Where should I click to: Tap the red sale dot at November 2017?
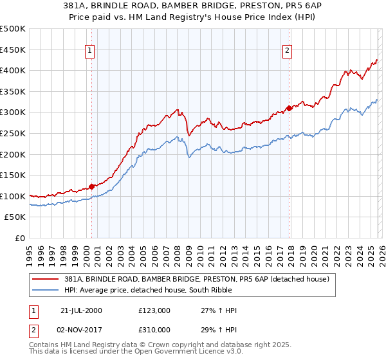[289, 108]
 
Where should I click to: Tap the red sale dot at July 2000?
[92, 186]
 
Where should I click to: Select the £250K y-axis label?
[13, 133]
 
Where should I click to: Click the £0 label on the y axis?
[20, 238]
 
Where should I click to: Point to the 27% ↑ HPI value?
[219, 310]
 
